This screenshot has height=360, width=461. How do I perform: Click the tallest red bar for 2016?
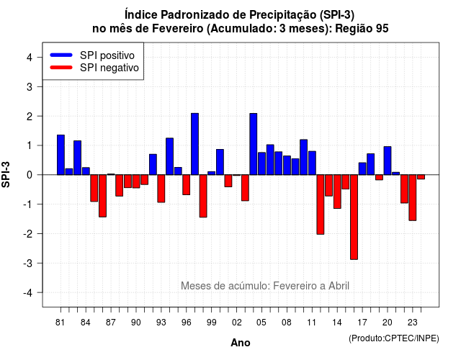pos(354,217)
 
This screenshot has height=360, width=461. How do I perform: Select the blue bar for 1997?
pos(194,144)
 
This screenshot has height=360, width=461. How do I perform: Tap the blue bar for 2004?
pos(254,144)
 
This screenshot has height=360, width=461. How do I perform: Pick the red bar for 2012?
pos(321,204)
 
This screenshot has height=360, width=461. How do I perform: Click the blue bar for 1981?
pos(61,155)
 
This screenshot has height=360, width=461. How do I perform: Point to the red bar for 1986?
pos(102,196)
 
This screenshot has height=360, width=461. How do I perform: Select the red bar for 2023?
pos(413,198)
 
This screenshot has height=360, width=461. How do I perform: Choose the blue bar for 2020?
pos(388,161)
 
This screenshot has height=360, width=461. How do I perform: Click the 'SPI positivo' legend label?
pos(107,55)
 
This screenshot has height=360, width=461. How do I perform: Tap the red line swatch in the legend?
pos(61,68)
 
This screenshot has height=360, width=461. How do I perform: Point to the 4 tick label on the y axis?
pos(30,58)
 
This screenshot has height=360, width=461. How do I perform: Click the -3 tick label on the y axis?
pos(28,263)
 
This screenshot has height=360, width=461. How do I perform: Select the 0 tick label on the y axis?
pos(30,175)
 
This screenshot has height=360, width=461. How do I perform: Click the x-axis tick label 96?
pos(186,323)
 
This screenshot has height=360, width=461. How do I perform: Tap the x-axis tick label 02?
pos(237,323)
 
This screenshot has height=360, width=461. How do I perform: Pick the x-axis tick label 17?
pos(362,323)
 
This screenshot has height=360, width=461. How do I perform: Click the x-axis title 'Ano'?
pos(241,343)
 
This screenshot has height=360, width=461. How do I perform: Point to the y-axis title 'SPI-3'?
pos(6,174)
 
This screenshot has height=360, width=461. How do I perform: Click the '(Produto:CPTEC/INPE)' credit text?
pos(394,338)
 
